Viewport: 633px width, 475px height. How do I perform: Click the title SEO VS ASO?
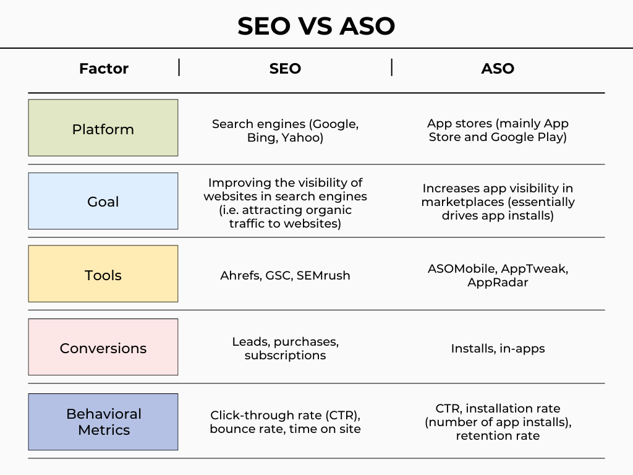click(316, 26)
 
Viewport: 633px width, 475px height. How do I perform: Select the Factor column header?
click(104, 68)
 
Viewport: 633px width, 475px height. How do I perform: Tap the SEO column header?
click(285, 68)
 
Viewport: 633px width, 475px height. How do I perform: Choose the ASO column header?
click(498, 68)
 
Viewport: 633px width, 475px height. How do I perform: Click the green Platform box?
click(103, 127)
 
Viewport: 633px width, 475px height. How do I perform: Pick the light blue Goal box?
click(103, 201)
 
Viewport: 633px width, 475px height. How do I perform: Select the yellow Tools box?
click(103, 274)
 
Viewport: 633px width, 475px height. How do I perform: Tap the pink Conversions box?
click(103, 347)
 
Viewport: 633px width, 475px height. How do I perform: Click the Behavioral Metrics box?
click(103, 422)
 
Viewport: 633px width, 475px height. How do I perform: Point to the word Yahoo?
click(302, 138)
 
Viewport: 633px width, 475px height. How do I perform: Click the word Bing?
click(262, 138)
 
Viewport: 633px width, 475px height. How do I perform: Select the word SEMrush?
click(323, 275)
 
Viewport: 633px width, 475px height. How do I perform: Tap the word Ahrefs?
click(241, 275)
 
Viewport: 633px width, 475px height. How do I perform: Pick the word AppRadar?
click(498, 282)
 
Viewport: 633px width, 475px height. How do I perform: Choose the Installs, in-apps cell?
click(498, 349)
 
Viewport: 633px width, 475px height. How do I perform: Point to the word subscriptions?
click(285, 356)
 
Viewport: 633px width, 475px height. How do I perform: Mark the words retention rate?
click(498, 436)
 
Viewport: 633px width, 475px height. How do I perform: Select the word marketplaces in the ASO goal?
click(462, 202)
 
